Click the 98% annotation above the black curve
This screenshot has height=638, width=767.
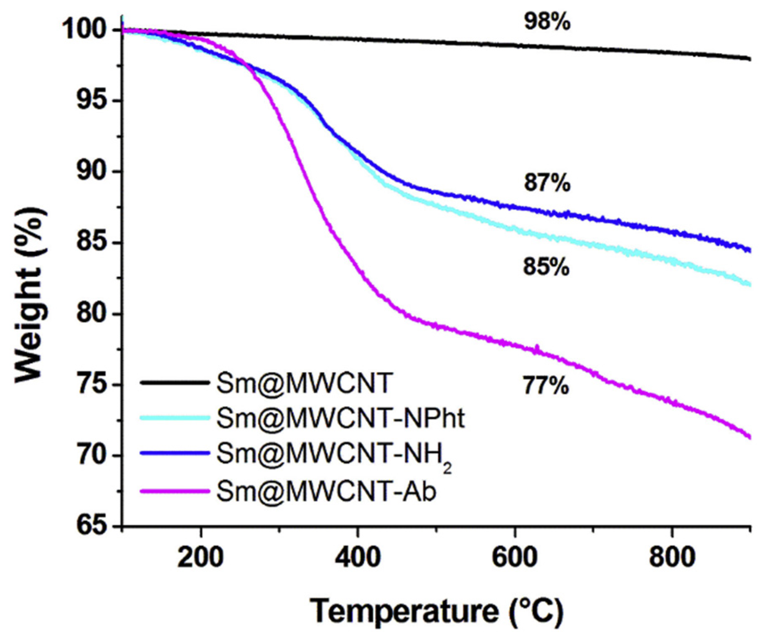(547, 21)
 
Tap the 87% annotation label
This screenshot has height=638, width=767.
(547, 183)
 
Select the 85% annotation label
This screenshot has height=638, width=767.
(546, 267)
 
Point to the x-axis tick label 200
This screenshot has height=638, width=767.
(201, 557)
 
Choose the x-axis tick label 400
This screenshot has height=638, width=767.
(358, 557)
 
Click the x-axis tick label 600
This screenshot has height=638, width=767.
(514, 557)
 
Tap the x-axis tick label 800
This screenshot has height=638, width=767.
(672, 557)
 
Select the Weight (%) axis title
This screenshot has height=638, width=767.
(30, 294)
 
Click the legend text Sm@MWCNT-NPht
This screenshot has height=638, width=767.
(340, 418)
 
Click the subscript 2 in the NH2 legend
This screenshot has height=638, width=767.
(447, 468)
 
